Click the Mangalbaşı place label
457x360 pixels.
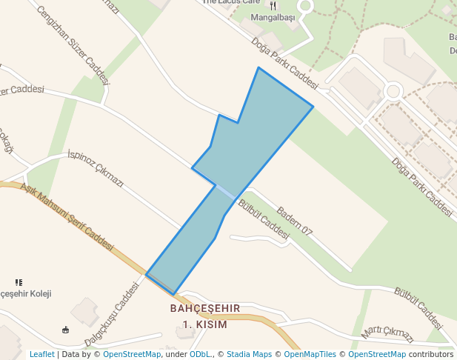coord(273,17)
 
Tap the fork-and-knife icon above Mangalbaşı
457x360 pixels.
coord(273,6)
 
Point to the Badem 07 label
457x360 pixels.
coord(295,221)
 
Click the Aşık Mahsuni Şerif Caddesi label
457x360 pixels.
coord(67,218)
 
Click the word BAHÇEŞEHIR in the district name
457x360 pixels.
coord(205,308)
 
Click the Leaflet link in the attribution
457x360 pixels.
coord(41,355)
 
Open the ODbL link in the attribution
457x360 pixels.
coord(200,355)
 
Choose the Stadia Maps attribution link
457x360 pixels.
coord(249,355)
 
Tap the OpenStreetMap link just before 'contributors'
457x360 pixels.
coord(377,355)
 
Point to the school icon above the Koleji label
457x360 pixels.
coord(19,282)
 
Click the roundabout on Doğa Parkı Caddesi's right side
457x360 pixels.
coord(393,92)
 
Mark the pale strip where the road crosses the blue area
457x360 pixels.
coord(226,192)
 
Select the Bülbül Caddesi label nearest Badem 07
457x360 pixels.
coord(264,220)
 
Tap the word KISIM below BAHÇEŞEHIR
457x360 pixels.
coord(209,324)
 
